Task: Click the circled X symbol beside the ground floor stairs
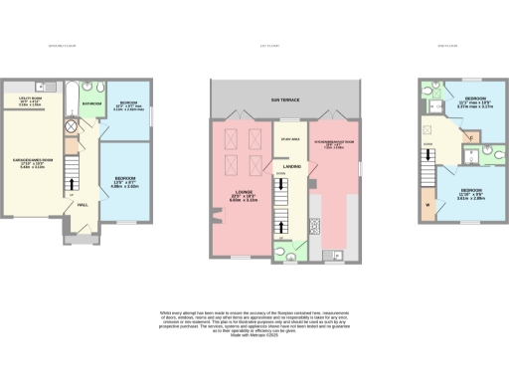[72, 126]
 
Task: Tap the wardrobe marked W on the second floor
[427, 207]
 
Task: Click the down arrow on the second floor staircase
[429, 176]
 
